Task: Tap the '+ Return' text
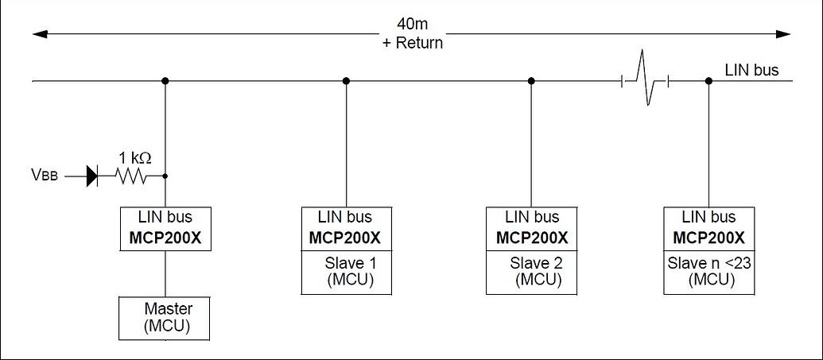(411, 43)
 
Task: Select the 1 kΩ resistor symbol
(132, 176)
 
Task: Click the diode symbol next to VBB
(91, 176)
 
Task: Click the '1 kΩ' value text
(135, 157)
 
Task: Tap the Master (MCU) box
(165, 318)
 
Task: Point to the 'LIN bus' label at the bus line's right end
(751, 70)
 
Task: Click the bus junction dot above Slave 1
(346, 80)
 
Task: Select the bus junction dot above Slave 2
(531, 80)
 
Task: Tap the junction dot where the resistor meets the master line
(165, 176)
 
